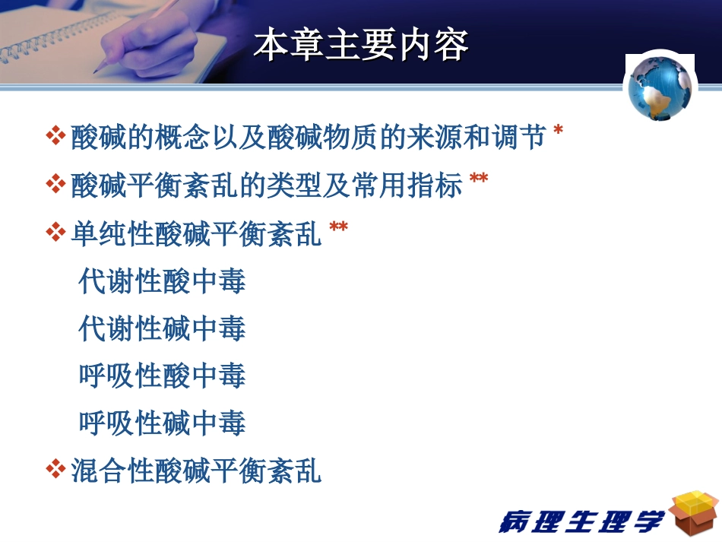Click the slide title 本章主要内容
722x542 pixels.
point(361,45)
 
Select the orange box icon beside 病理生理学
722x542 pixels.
point(693,513)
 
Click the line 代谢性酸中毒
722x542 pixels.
point(162,281)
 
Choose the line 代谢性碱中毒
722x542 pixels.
point(162,328)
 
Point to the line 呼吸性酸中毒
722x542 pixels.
point(162,376)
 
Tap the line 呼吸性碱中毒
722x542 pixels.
point(162,423)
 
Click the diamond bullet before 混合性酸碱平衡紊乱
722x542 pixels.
point(55,469)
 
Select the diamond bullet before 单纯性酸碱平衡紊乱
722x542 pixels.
point(55,233)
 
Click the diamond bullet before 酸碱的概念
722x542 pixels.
point(55,138)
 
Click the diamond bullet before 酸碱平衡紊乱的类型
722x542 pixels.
point(55,185)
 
